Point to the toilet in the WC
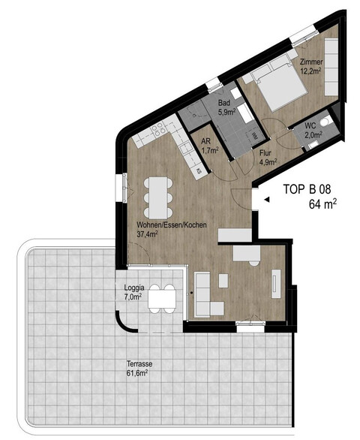tap(325, 122)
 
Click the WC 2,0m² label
tap(313, 131)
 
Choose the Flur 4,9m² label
tap(268, 156)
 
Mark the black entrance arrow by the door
tap(265, 200)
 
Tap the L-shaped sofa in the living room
tap(206, 295)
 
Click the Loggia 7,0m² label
tap(136, 292)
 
